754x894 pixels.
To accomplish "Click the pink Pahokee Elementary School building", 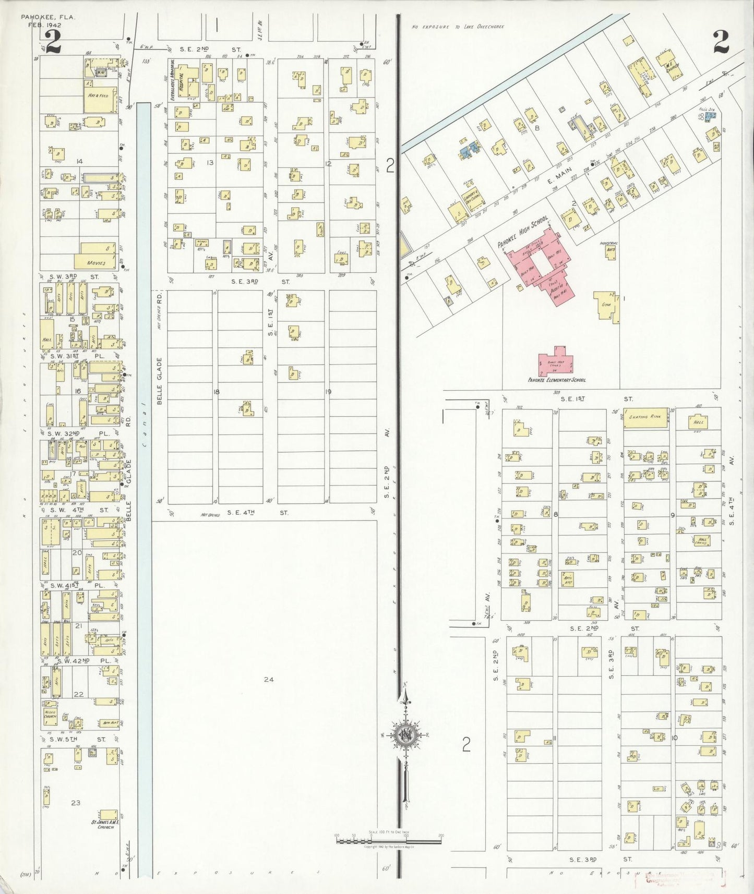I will [x=556, y=363].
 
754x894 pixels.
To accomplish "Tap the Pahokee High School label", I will [x=523, y=233].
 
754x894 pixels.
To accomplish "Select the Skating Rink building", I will [x=645, y=418].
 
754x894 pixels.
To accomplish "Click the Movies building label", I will [x=96, y=263].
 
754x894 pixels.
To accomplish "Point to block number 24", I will [x=268, y=679].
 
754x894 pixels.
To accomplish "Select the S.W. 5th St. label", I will [x=77, y=740].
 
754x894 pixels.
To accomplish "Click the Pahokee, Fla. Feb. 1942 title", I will [x=48, y=21].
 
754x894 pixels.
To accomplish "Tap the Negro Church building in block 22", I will [x=51, y=714].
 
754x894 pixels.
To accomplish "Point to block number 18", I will [x=217, y=392].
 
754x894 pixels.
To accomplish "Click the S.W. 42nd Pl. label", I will [x=81, y=660].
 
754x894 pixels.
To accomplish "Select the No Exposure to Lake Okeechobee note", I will [x=458, y=26].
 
